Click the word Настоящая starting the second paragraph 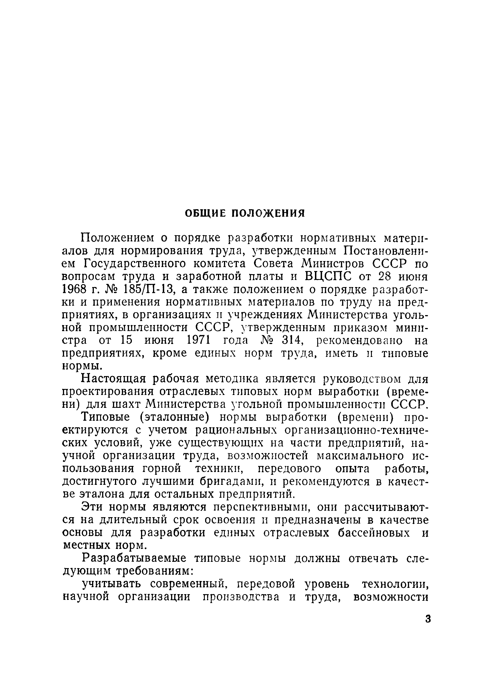coord(114,379)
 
